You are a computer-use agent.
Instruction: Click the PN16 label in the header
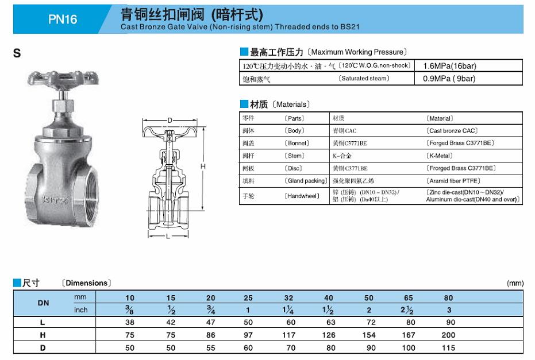(x=63, y=19)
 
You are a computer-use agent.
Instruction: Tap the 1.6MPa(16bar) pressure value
(x=449, y=66)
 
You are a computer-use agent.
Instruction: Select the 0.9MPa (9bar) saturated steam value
(x=449, y=79)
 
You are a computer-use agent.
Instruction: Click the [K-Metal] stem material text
(x=440, y=156)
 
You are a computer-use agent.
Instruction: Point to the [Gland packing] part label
(x=306, y=181)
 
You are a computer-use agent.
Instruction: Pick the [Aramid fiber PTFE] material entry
(x=453, y=181)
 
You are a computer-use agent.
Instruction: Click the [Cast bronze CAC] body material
(x=452, y=130)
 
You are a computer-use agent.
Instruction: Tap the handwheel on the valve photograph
(x=63, y=78)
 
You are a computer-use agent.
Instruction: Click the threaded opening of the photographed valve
(x=90, y=195)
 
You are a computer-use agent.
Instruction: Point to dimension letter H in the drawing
(x=203, y=167)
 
